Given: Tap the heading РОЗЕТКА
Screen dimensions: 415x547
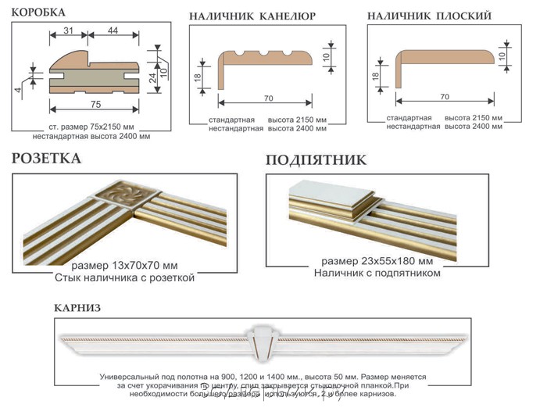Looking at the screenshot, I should (46, 159).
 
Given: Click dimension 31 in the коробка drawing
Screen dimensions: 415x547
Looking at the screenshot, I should (69, 30).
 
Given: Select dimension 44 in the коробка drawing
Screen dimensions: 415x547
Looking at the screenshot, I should (114, 30).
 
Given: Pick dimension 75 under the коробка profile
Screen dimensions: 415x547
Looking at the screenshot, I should (95, 104).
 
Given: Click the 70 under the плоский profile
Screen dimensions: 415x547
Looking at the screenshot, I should (445, 97).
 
